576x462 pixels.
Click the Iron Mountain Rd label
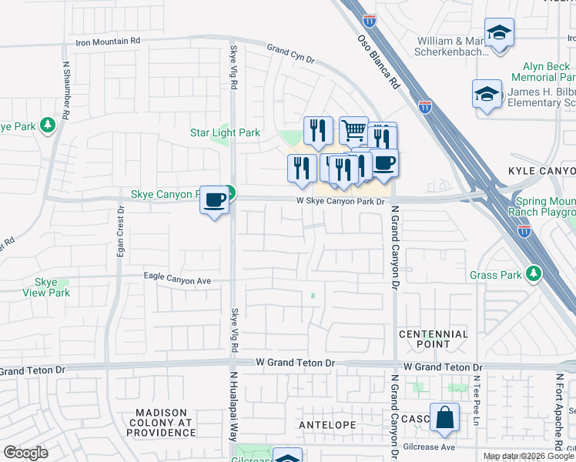tap(108, 41)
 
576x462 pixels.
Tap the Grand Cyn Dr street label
tap(291, 54)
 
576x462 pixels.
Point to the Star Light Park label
tap(225, 133)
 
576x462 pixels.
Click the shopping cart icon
tap(353, 131)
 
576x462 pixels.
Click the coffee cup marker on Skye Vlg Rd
tap(215, 199)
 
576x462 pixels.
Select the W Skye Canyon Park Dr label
tap(340, 202)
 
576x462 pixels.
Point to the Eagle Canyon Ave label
tap(177, 281)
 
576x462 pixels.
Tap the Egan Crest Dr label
tap(121, 231)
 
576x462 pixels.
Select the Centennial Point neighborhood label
tap(434, 340)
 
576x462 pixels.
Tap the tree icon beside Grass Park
tap(533, 273)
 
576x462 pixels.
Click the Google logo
tap(25, 453)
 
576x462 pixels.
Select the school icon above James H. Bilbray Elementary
tap(486, 94)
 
